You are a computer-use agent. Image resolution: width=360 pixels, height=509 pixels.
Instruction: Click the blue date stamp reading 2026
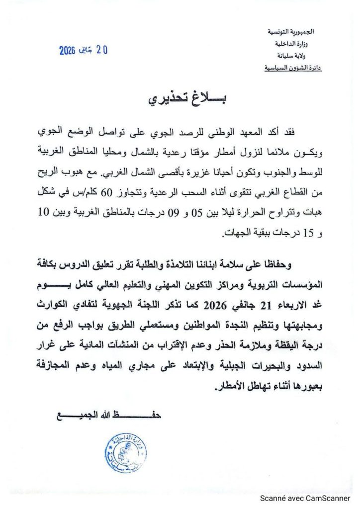click(84, 50)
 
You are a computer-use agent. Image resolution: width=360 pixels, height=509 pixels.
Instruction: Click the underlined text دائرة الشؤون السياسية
click(293, 67)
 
